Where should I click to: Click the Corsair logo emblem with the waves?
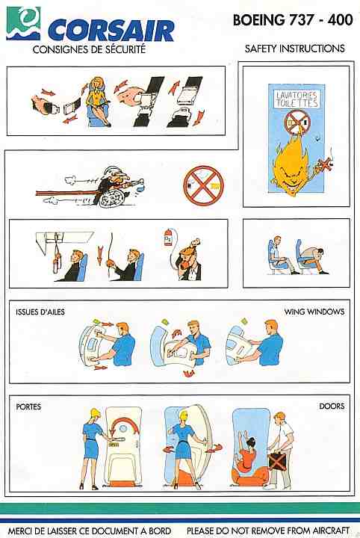pos(23,23)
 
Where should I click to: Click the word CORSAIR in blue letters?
pos(111,30)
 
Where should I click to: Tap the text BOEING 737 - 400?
pos(293,20)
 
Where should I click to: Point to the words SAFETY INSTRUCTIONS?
pos(294,49)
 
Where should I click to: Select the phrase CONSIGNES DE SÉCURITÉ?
pos(89,49)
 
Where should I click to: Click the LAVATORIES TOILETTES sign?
pos(297,99)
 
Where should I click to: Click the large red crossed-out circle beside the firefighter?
pos(203,185)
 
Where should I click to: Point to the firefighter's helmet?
pos(113,171)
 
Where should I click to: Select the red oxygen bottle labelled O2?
pos(168,238)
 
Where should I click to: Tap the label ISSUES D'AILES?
pos(40,312)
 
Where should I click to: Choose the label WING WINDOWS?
pos(314,312)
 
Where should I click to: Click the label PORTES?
pos(28,407)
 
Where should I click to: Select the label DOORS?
pos(332,406)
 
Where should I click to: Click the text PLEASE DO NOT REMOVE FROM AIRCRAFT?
pos(268,531)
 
